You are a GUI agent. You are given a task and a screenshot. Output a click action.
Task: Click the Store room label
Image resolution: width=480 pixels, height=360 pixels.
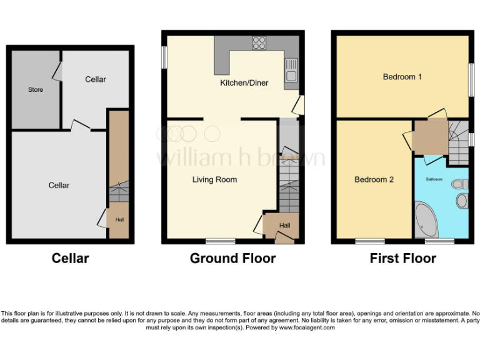[x=36, y=90]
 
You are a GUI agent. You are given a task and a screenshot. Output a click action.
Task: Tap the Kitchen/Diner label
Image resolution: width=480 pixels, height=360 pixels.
[x=244, y=82]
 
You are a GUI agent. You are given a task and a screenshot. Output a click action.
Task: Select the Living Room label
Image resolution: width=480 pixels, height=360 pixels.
[x=214, y=180]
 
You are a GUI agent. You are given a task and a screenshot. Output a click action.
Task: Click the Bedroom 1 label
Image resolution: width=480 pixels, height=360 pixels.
[x=402, y=77]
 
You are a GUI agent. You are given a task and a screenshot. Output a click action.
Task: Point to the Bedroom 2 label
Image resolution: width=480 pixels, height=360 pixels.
[x=374, y=180]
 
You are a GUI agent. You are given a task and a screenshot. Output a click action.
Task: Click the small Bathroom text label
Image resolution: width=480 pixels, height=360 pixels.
[x=434, y=179]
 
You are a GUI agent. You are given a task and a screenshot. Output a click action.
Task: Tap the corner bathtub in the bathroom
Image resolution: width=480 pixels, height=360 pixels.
[x=427, y=218]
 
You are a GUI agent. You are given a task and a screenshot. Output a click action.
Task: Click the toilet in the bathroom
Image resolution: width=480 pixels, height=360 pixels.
[x=461, y=184]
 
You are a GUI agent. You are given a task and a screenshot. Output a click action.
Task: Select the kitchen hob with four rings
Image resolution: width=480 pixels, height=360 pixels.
[x=259, y=43]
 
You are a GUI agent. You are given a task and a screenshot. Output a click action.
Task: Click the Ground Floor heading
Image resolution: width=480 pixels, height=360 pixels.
[x=232, y=258]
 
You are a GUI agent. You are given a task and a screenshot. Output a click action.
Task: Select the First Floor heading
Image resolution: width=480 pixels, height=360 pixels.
[x=402, y=258]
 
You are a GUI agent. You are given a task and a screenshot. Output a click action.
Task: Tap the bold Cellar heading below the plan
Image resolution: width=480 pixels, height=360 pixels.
[x=70, y=258]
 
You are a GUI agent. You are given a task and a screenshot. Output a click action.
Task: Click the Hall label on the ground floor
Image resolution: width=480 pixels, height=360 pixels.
[x=284, y=226]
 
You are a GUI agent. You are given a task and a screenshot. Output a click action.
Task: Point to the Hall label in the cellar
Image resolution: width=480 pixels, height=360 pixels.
[x=119, y=220]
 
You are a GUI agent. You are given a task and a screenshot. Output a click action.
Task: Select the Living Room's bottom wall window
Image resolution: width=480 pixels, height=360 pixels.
[x=221, y=241]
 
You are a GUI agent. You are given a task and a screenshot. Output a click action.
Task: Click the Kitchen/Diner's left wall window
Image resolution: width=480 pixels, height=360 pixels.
[x=164, y=56]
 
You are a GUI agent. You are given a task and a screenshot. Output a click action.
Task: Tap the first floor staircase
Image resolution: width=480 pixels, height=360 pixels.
[x=459, y=137]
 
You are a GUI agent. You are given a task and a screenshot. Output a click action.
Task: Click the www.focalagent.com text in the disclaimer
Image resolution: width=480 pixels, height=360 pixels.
[x=307, y=327]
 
